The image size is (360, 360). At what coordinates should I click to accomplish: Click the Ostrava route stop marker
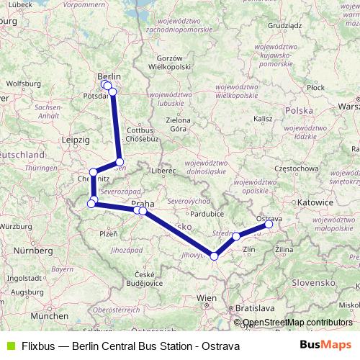269,224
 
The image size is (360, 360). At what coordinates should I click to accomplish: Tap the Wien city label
207,297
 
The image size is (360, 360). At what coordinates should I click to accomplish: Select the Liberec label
163,171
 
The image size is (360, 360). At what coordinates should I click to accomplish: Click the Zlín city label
250,250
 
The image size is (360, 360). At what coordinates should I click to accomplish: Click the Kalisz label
262,118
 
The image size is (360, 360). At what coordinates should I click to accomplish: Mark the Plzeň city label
107,234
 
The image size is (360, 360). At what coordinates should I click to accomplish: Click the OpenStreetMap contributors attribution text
297,323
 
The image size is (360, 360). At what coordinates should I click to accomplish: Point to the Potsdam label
96,94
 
